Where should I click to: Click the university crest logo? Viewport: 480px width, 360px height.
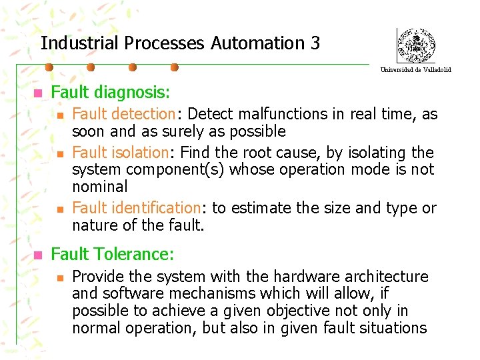(x=416, y=45)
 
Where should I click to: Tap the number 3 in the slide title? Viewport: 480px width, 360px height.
(x=315, y=43)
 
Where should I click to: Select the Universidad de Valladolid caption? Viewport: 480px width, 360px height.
(x=416, y=69)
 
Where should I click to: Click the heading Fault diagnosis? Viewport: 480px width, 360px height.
(x=111, y=92)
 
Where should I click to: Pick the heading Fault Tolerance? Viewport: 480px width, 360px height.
(x=113, y=254)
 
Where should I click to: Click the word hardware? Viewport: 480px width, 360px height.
(x=292, y=276)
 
